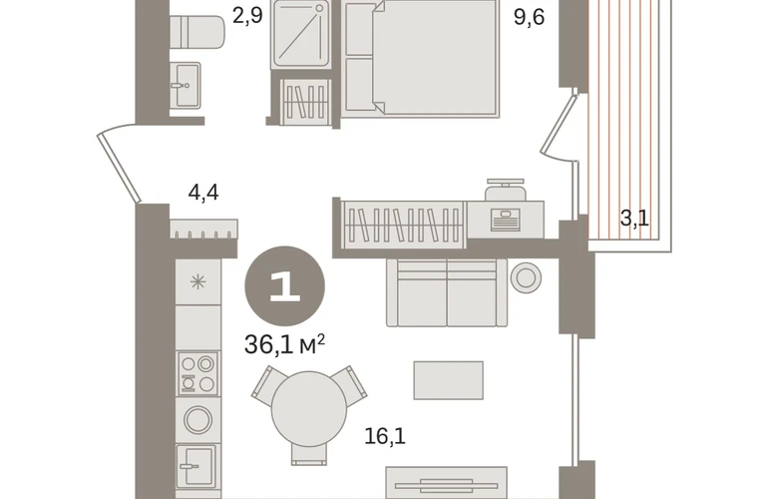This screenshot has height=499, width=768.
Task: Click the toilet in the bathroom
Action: click(197, 32)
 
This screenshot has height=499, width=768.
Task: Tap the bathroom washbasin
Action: click(185, 85)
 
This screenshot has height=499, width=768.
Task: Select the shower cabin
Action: click(301, 34)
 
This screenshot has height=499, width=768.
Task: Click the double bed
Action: click(420, 58)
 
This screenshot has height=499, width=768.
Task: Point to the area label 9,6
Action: click(529, 18)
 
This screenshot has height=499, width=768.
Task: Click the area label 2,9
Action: click(247, 15)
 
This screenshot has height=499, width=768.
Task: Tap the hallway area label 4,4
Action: click(203, 193)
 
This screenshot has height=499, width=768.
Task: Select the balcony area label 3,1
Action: click(634, 219)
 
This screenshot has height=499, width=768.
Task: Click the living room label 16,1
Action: click(385, 435)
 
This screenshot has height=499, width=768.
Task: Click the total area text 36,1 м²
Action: click(284, 344)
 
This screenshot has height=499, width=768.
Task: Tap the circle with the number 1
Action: click(284, 285)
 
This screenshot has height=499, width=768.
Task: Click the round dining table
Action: click(309, 409)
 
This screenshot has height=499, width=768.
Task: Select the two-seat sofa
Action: click(447, 292)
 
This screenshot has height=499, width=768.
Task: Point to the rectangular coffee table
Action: click(448, 380)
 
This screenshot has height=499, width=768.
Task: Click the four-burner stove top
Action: click(197, 373)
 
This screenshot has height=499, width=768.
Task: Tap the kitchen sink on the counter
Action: click(195, 466)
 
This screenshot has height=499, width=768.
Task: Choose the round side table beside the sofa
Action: click(526, 277)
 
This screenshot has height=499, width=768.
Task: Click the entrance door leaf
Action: click(119, 167)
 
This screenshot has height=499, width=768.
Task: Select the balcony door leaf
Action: click(559, 124)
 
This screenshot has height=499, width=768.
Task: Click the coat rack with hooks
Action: click(203, 229)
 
